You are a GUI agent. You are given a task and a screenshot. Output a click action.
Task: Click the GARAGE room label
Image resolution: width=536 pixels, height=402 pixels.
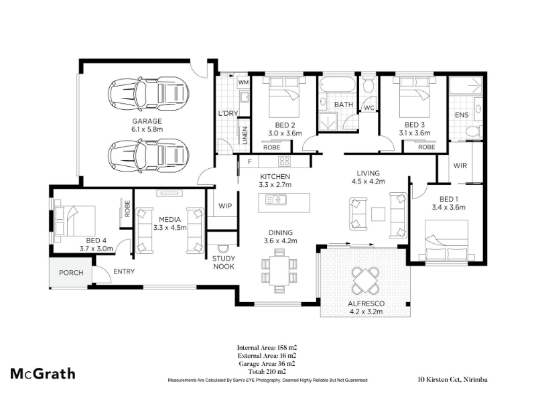pyautogui.click(x=147, y=121)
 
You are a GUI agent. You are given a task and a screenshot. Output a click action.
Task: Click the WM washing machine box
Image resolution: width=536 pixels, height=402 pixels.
pyautogui.click(x=243, y=82)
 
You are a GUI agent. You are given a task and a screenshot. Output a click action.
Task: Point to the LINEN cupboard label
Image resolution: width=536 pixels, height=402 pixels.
pyautogui.click(x=245, y=135)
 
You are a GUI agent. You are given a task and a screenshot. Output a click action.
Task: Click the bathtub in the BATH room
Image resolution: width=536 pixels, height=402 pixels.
pyautogui.click(x=337, y=84)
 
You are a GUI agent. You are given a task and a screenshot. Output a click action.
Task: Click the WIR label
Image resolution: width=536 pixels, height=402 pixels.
pyautogui.click(x=460, y=165)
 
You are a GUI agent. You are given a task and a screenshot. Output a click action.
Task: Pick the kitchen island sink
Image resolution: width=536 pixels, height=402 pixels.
pyautogui.click(x=276, y=199)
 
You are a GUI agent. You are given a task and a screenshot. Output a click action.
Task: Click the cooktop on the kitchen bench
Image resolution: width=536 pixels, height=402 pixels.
pyautogui.click(x=284, y=161)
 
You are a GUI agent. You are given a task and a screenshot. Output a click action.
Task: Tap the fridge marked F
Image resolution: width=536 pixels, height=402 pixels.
pyautogui.click(x=249, y=161)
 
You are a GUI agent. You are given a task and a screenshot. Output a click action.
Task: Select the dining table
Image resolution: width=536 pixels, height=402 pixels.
pyautogui.click(x=279, y=271)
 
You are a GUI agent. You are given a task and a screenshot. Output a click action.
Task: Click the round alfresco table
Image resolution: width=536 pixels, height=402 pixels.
pyautogui.click(x=365, y=281)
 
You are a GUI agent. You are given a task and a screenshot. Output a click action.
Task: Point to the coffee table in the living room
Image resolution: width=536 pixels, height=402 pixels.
pyautogui.click(x=378, y=214)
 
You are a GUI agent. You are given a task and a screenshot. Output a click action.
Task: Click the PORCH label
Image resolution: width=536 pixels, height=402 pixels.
pyautogui.click(x=71, y=273)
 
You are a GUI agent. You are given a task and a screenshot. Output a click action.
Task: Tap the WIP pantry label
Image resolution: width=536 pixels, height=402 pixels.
pyautogui.click(x=225, y=206)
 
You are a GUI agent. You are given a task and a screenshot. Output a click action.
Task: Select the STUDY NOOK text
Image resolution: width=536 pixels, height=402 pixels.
pyautogui.click(x=224, y=262)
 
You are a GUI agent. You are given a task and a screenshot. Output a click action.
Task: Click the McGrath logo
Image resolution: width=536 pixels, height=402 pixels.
pyautogui.click(x=43, y=374)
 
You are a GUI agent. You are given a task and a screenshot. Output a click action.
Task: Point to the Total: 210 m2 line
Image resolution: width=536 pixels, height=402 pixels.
pyautogui.click(x=267, y=372)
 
